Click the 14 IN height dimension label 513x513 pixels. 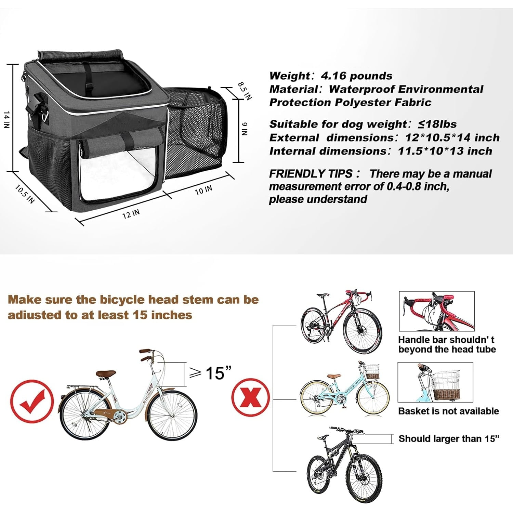(x=6, y=120)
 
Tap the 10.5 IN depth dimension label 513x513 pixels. (x=25, y=194)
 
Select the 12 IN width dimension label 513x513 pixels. (x=131, y=214)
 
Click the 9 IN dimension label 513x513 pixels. (x=244, y=129)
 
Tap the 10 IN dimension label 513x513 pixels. (x=203, y=190)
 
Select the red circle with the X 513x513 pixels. (x=251, y=397)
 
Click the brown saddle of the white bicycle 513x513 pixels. (x=106, y=374)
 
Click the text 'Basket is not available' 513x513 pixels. (x=449, y=411)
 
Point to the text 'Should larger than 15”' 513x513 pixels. (x=449, y=438)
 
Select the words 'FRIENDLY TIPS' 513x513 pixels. (x=311, y=174)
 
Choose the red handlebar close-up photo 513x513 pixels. (x=437, y=311)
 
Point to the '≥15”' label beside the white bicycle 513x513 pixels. (x=211, y=373)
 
